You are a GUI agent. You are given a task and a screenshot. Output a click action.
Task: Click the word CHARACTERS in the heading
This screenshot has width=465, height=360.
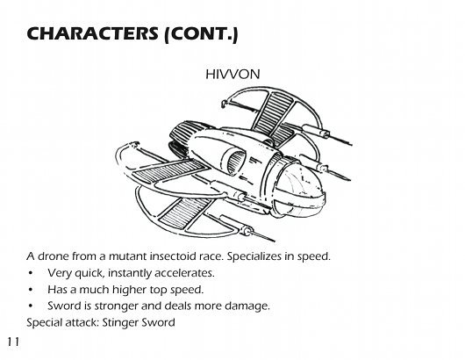pyautogui.click(x=92, y=33)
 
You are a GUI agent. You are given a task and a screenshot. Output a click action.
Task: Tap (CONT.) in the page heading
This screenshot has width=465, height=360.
pyautogui.click(x=202, y=34)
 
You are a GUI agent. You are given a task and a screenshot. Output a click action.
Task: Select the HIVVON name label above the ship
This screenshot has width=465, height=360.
pyautogui.click(x=232, y=75)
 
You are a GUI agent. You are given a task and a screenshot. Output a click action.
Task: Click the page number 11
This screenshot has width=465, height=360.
pyautogui.click(x=13, y=342)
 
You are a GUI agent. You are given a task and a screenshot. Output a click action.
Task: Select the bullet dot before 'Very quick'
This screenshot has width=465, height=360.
pyautogui.click(x=30, y=273)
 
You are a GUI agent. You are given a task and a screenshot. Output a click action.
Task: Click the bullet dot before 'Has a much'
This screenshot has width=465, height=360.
pyautogui.click(x=30, y=290)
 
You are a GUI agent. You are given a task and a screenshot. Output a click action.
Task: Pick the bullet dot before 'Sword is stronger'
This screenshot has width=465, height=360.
pyautogui.click(x=30, y=306)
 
